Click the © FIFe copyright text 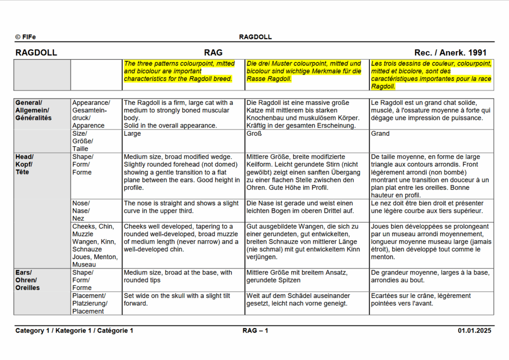pyautogui.click(x=25, y=37)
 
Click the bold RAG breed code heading pyautogui.click(x=213, y=53)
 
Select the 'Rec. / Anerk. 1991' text pyautogui.click(x=450, y=53)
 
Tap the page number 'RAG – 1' pyautogui.click(x=255, y=331)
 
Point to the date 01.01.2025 pyautogui.click(x=474, y=331)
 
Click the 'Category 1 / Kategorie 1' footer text pyautogui.click(x=74, y=331)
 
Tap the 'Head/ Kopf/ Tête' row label pyautogui.click(x=25, y=164)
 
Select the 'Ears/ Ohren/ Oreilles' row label pyautogui.click(x=27, y=280)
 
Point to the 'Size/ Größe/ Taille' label pyautogui.click(x=83, y=141)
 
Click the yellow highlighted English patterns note pyautogui.click(x=182, y=71)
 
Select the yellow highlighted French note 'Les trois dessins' pyautogui.click(x=431, y=75)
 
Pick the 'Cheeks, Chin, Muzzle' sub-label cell pyautogui.click(x=95, y=245)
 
